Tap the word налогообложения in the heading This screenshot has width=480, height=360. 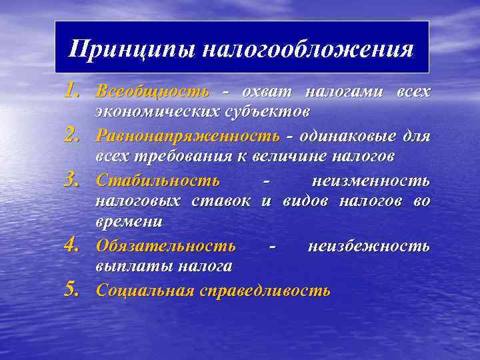pos(306,49)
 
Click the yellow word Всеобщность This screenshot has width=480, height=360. pos(152,91)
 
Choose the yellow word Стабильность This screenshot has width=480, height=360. pos(157,181)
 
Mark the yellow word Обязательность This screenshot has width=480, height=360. pos(165,245)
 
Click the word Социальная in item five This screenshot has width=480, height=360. pos(145,291)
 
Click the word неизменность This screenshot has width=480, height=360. pos(371,181)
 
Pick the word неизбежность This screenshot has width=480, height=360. pos(369,245)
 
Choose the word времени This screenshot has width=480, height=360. pos(129,220)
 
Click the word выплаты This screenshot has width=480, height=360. pos(133,266)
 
